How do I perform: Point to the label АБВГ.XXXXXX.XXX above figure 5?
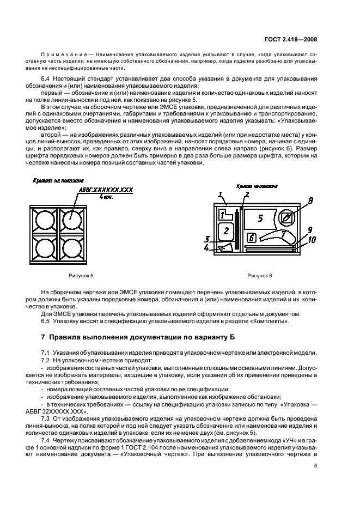click(x=106, y=189)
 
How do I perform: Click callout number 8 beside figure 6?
click(x=309, y=202)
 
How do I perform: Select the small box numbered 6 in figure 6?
click(x=251, y=237)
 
